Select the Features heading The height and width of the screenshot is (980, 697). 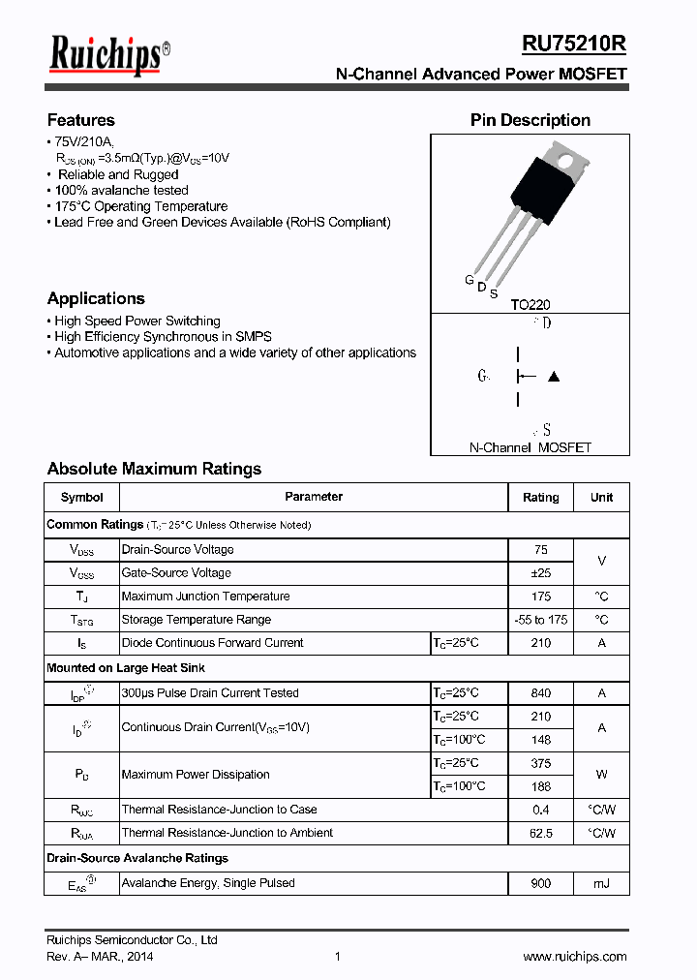coord(81,120)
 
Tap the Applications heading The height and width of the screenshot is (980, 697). coord(96,298)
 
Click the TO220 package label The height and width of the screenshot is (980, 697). coord(530,304)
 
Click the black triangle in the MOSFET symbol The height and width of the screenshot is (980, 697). coord(554,376)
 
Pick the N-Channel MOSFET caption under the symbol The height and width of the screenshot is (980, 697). coord(530,447)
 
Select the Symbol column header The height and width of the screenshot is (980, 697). coord(81,497)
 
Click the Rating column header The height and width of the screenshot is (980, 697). coord(540,497)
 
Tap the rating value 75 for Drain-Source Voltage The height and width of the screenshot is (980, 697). coord(540,549)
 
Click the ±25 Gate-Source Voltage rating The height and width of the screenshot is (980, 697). coord(540,572)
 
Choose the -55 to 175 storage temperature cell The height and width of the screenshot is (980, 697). coord(540,619)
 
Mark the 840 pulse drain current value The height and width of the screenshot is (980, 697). coord(540,692)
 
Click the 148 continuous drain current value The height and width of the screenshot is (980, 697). coord(540,740)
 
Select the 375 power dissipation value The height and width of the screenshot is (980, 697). coord(540,763)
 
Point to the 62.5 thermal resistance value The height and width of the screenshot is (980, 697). coord(540,833)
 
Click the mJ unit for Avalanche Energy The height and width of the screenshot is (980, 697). coord(601,883)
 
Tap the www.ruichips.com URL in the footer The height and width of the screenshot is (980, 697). coord(575,957)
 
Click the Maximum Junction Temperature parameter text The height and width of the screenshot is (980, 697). coord(205,597)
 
